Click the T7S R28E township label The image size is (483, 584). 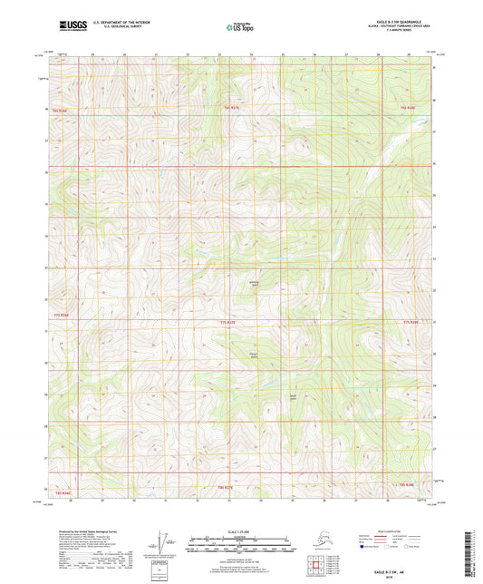(408, 322)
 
